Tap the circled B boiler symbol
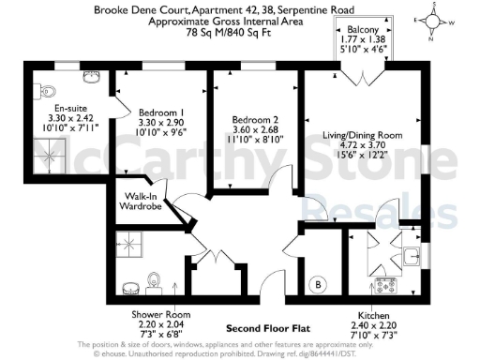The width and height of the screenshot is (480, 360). click(x=318, y=282)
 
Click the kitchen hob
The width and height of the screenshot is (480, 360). click(x=384, y=283)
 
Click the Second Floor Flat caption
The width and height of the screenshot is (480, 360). click(x=267, y=328)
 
